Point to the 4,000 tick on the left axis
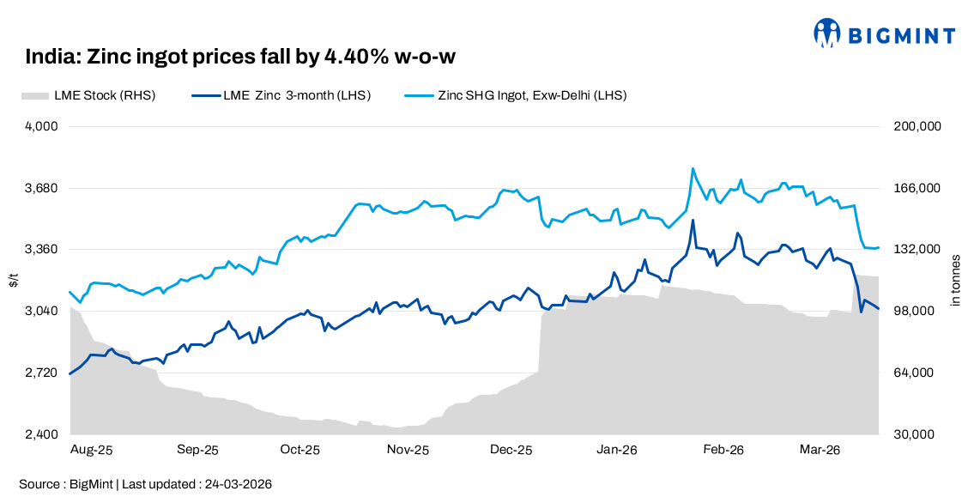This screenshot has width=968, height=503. click(41, 126)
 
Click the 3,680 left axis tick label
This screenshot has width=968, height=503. click(41, 188)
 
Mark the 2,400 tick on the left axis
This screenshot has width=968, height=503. click(41, 434)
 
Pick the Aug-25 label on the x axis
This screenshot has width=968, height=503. click(91, 450)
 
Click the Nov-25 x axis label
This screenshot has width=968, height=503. click(408, 450)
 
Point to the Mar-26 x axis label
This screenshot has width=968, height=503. click(820, 450)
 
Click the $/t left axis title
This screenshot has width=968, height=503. click(13, 281)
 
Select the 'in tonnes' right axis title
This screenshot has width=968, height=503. click(955, 281)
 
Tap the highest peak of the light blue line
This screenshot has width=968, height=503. click(692, 168)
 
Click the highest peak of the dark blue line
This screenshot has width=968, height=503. click(692, 221)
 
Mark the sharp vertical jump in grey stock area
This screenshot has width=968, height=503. click(540, 343)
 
